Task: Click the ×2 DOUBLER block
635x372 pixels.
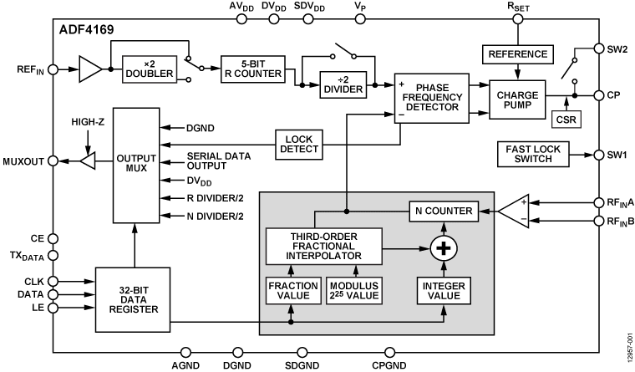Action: pos(150,69)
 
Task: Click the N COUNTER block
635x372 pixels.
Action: pos(443,210)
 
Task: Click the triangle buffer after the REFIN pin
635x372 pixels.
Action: pos(88,69)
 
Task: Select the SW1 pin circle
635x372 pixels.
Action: pos(599,154)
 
